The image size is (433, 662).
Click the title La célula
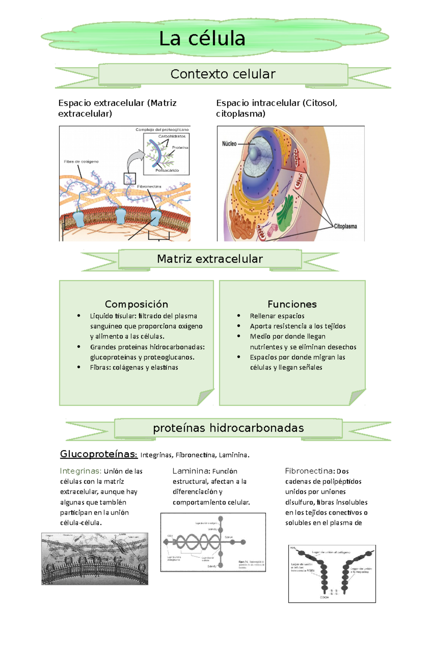tap(202, 39)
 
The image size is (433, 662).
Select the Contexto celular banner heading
tap(223, 74)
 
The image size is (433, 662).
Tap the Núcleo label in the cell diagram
tap(229, 144)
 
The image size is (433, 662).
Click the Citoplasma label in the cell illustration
tap(345, 226)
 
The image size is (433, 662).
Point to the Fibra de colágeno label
tap(81, 162)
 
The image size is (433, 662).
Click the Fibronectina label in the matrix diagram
tap(149, 187)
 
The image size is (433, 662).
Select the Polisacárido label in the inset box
tap(167, 170)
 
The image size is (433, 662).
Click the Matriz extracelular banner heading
tap(210, 259)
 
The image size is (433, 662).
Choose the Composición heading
tap(136, 304)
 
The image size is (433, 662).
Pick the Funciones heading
tap(292, 304)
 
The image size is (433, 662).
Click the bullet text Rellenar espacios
tap(277, 316)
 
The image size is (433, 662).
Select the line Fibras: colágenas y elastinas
tap(134, 367)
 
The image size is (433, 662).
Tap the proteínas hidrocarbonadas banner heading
tap(228, 428)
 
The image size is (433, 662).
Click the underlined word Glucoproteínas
tap(99, 454)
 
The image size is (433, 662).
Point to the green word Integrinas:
tap(81, 471)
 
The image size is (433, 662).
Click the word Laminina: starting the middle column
tap(191, 471)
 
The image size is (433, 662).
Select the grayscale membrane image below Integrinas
tap(95, 558)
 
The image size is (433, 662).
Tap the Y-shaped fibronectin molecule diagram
tap(332, 574)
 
